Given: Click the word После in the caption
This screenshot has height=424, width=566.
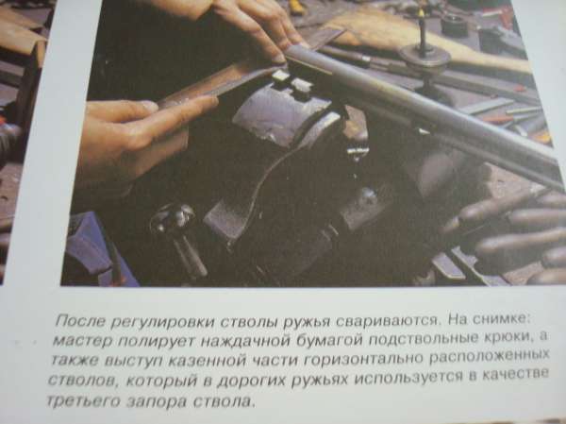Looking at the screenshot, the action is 80,321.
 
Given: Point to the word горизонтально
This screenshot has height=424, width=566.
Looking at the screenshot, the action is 364,359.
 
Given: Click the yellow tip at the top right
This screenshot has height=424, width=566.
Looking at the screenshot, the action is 420,13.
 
